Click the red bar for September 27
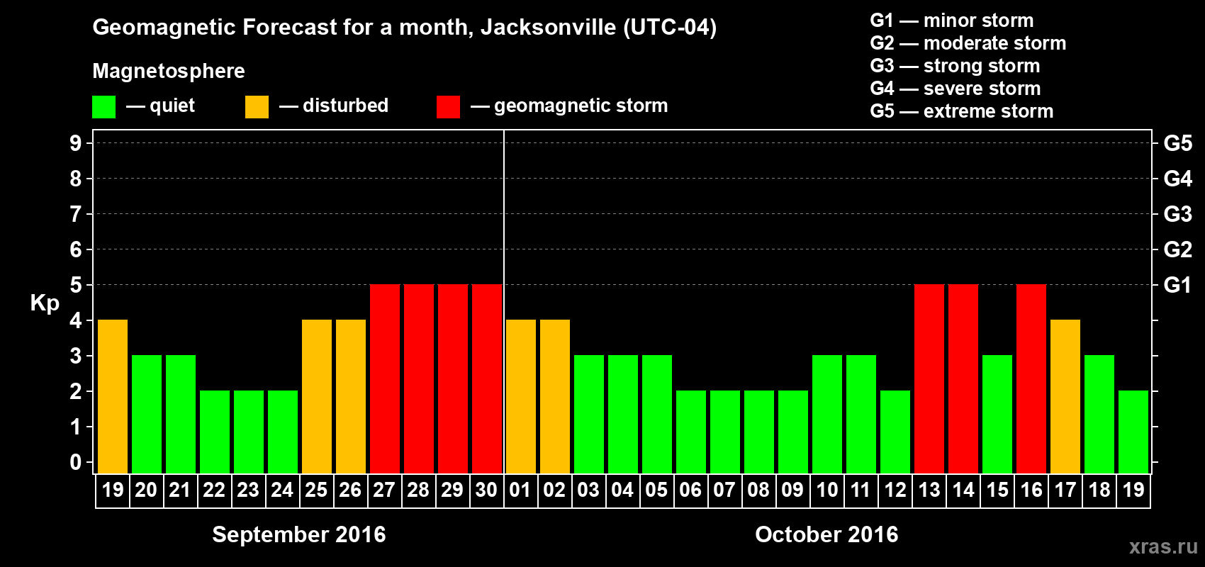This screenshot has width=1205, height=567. [385, 378]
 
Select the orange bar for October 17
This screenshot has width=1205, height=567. [1065, 396]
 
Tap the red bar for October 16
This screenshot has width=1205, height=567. [1031, 378]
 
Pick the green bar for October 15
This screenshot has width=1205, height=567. [997, 414]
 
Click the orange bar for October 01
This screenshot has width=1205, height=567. [521, 396]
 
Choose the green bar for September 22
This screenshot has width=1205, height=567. [215, 432]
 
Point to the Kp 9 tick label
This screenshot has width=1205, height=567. [76, 143]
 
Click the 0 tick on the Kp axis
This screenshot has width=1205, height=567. [76, 462]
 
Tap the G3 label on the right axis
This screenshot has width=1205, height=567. [1177, 214]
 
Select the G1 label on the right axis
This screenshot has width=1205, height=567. [1177, 285]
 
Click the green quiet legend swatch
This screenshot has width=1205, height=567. [103, 107]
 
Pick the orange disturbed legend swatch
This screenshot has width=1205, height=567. [257, 107]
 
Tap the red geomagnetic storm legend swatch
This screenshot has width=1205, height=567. [448, 107]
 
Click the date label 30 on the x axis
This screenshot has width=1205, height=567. [486, 490]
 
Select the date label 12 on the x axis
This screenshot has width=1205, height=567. [895, 490]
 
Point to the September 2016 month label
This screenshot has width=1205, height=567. [299, 534]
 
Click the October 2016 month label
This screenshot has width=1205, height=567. [826, 534]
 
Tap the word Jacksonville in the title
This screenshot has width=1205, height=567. [548, 28]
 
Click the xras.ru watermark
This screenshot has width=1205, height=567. [1163, 546]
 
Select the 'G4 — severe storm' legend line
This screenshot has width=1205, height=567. [955, 89]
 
